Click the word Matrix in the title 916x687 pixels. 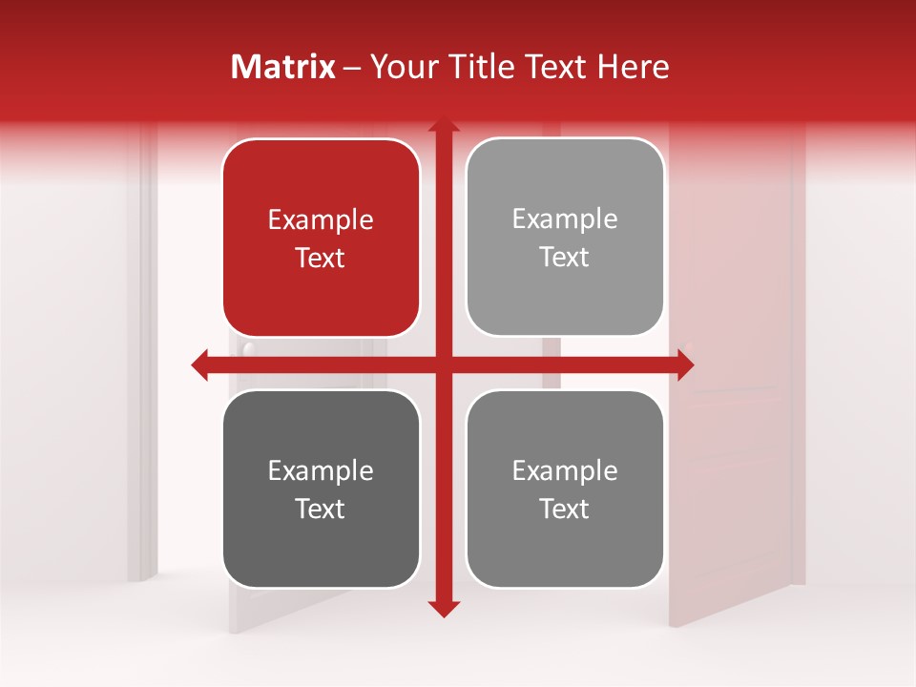click(283, 67)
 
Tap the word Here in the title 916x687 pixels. click(633, 67)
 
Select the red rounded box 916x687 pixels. click(321, 238)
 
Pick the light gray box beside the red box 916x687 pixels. click(565, 237)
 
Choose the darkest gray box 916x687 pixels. click(321, 489)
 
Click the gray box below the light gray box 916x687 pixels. click(565, 489)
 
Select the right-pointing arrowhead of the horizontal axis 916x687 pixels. click(685, 364)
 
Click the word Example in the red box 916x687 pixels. click(321, 220)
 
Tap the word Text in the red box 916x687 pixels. click(321, 258)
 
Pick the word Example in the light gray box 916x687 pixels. click(565, 219)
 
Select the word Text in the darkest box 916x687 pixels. click(321, 509)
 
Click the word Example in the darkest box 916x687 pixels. click(321, 471)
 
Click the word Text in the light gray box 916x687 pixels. click(565, 257)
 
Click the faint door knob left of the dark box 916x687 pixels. click(248, 349)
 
